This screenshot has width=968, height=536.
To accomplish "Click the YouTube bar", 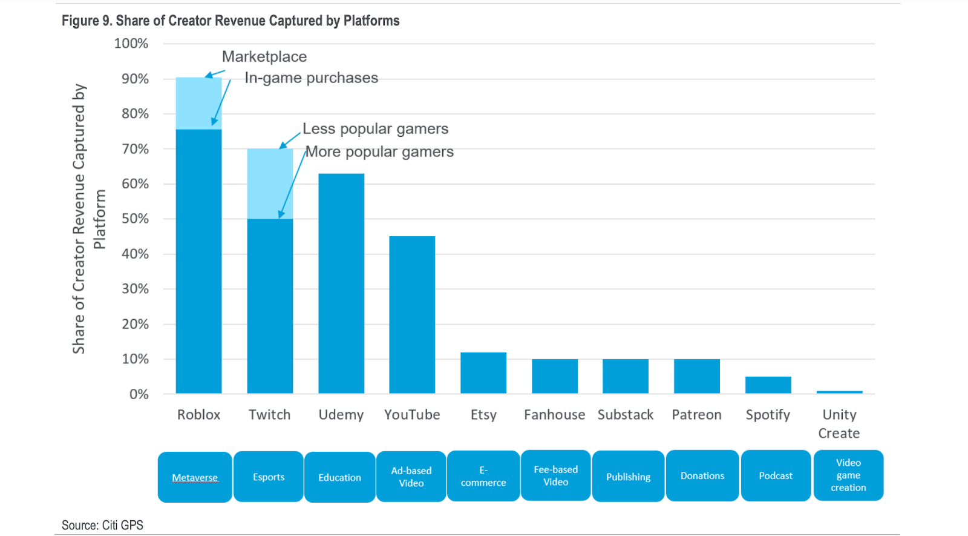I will (x=412, y=315).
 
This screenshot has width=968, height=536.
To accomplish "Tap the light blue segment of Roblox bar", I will (x=198, y=104).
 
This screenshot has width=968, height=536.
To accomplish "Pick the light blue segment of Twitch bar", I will (x=270, y=184).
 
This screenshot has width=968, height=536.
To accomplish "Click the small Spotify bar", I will (x=768, y=385).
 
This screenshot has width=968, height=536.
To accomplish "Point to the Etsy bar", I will (x=483, y=373).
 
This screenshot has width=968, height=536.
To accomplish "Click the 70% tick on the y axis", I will (x=136, y=149).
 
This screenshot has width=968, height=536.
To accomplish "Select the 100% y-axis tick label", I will (x=131, y=44).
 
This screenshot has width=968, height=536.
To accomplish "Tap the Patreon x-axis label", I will (x=696, y=415).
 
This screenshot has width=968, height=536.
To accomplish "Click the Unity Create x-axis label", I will (x=839, y=424).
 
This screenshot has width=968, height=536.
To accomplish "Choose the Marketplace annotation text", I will (x=264, y=56).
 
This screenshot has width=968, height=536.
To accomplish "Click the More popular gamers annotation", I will (x=379, y=151).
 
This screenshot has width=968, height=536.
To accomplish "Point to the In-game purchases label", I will (x=311, y=78).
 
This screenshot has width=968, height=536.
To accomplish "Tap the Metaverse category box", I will (x=195, y=477).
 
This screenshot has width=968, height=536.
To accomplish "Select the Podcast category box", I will (x=776, y=476).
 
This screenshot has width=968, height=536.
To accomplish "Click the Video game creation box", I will (x=848, y=475).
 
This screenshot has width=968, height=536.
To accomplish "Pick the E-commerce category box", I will (x=483, y=477).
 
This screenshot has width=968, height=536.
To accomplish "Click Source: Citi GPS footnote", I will (x=102, y=525).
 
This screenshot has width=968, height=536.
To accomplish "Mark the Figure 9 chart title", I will (x=231, y=21).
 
